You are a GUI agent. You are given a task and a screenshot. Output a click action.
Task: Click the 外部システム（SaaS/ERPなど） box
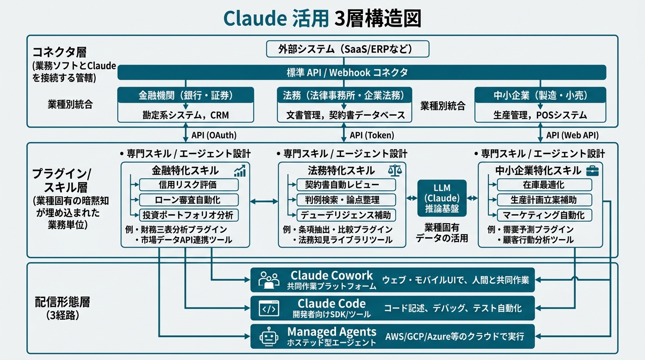347,49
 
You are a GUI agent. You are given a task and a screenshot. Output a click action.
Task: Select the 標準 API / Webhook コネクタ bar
362,72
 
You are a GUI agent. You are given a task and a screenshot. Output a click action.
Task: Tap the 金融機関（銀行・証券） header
186,95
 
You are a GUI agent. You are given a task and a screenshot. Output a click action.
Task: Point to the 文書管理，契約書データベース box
345,115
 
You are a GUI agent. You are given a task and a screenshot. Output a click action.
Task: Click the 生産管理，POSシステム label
540,115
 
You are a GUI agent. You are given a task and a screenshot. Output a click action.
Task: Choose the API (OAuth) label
214,135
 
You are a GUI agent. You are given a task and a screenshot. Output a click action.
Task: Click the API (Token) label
372,135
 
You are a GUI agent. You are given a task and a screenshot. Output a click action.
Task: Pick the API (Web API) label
572,135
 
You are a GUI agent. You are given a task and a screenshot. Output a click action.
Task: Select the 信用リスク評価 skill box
189,185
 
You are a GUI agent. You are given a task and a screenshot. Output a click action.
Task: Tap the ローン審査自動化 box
189,200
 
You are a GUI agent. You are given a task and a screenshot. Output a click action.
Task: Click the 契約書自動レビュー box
346,185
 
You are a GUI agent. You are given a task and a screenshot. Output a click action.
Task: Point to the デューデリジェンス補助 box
346,215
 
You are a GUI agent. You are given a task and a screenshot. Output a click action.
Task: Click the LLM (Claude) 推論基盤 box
442,198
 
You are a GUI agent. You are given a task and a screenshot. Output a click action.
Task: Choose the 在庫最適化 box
545,185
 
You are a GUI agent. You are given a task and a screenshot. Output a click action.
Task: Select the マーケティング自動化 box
545,215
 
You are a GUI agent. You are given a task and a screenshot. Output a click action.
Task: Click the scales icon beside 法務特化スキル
395,171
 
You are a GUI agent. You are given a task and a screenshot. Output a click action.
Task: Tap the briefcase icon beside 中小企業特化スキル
592,171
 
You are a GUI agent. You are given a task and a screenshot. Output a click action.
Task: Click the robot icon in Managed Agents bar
269,337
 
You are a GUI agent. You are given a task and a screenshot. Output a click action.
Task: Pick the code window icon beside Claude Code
269,308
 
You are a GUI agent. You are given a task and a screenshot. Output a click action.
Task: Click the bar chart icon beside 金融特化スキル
240,171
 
